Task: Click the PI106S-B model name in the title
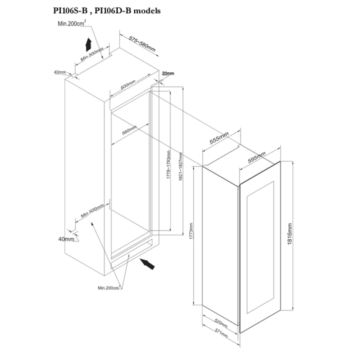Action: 70,10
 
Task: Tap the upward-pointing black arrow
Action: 89,45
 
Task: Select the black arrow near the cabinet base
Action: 147,264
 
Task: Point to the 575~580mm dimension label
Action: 142,44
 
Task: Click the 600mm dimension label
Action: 128,85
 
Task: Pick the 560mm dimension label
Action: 129,130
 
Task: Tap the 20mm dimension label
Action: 168,73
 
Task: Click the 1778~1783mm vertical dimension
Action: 168,165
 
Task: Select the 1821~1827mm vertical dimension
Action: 181,167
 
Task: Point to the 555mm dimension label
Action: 219,138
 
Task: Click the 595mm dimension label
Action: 257,157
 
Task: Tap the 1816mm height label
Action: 289,234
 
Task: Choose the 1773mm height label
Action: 191,231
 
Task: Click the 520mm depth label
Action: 221,323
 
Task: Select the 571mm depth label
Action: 221,333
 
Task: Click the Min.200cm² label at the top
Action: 72,23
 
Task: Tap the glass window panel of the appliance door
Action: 260,247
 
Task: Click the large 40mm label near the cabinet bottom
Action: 66,239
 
